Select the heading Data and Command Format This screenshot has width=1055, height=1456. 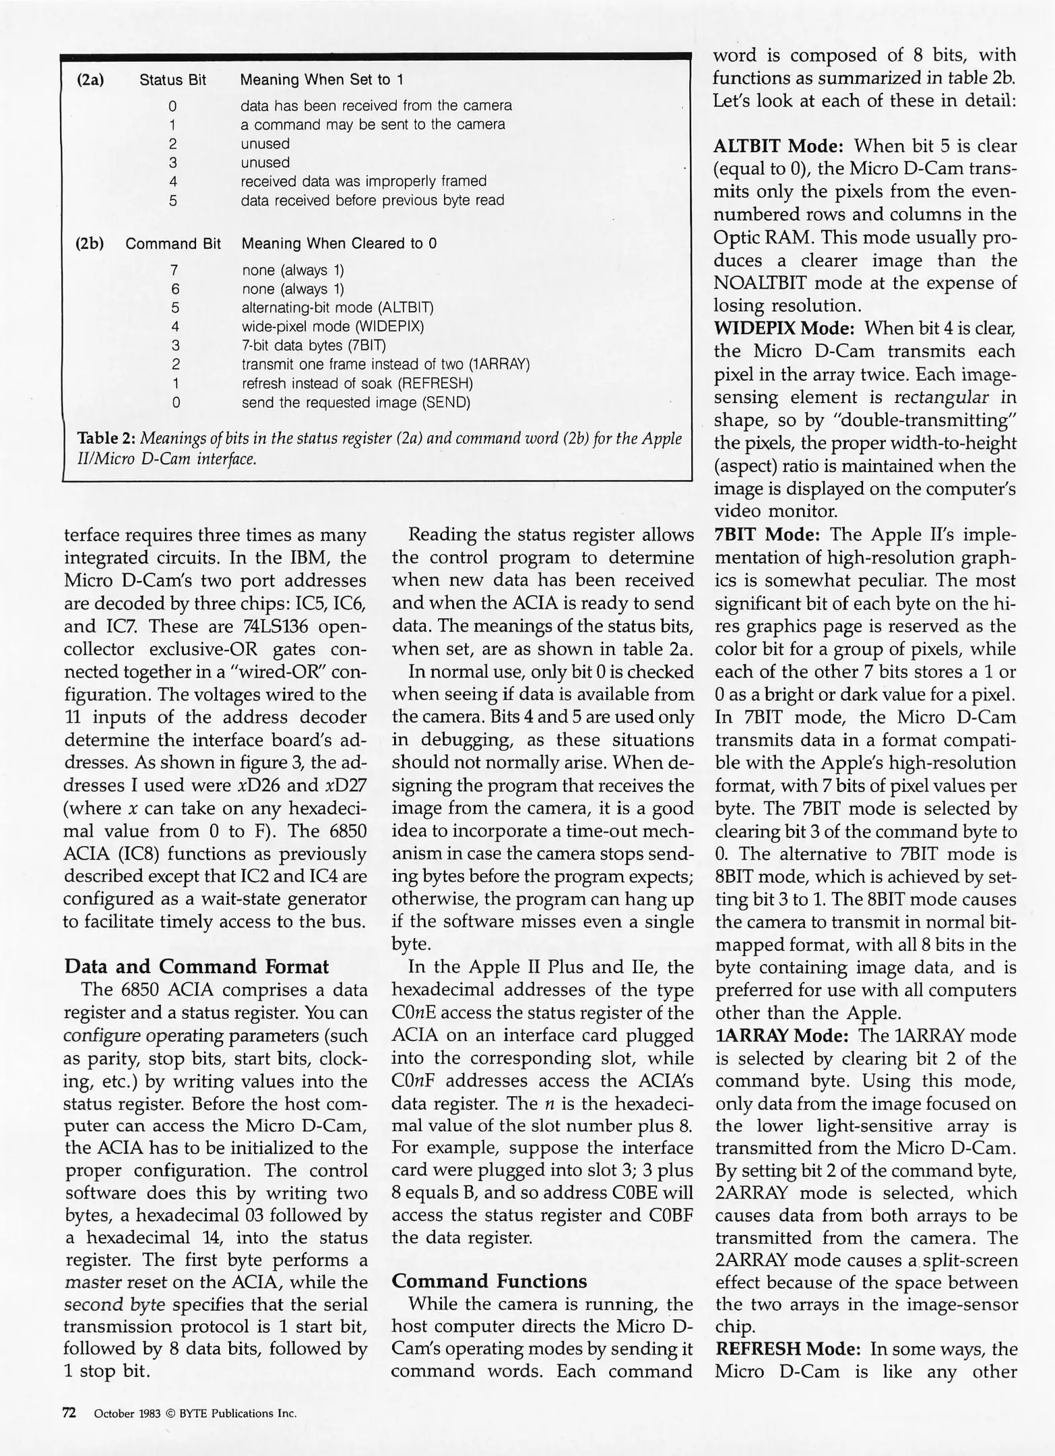197,967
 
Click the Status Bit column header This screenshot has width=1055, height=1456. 172,80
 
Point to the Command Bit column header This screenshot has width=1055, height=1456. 173,243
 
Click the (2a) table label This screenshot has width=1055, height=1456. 90,80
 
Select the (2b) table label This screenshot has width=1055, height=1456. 90,243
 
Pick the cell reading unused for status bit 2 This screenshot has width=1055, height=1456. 265,144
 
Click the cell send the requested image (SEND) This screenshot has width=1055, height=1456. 356,403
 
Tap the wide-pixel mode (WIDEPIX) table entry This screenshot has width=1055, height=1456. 333,327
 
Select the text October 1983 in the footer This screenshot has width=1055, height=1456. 127,1414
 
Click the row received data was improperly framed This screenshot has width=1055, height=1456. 363,181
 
